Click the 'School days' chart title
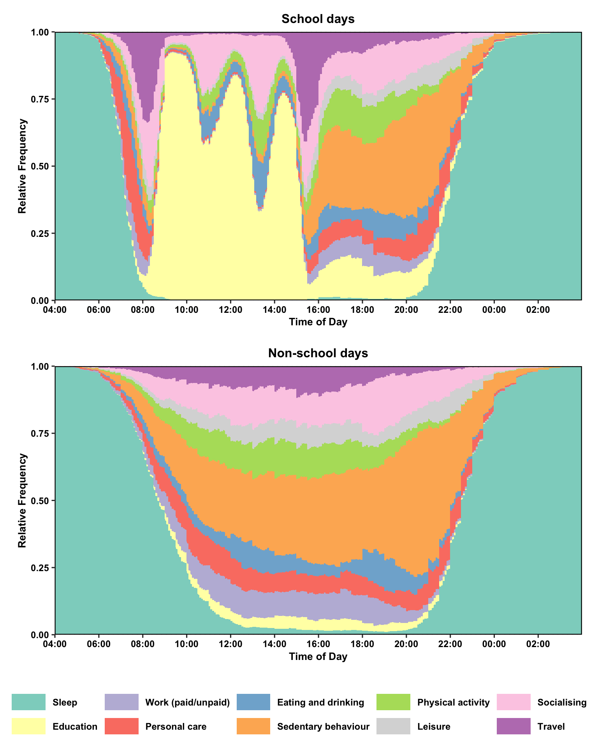point(318,19)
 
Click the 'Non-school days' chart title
point(318,353)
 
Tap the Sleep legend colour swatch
point(28,702)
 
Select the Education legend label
point(75,727)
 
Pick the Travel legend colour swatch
point(514,726)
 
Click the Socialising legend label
point(561,702)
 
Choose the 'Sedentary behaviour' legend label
point(323,727)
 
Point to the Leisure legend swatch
point(393,726)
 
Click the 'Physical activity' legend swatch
point(393,702)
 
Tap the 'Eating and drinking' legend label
point(320,702)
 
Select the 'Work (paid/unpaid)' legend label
point(187,702)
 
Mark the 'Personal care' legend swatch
point(121,726)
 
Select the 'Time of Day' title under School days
point(318,322)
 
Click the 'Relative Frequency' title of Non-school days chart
point(23,501)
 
